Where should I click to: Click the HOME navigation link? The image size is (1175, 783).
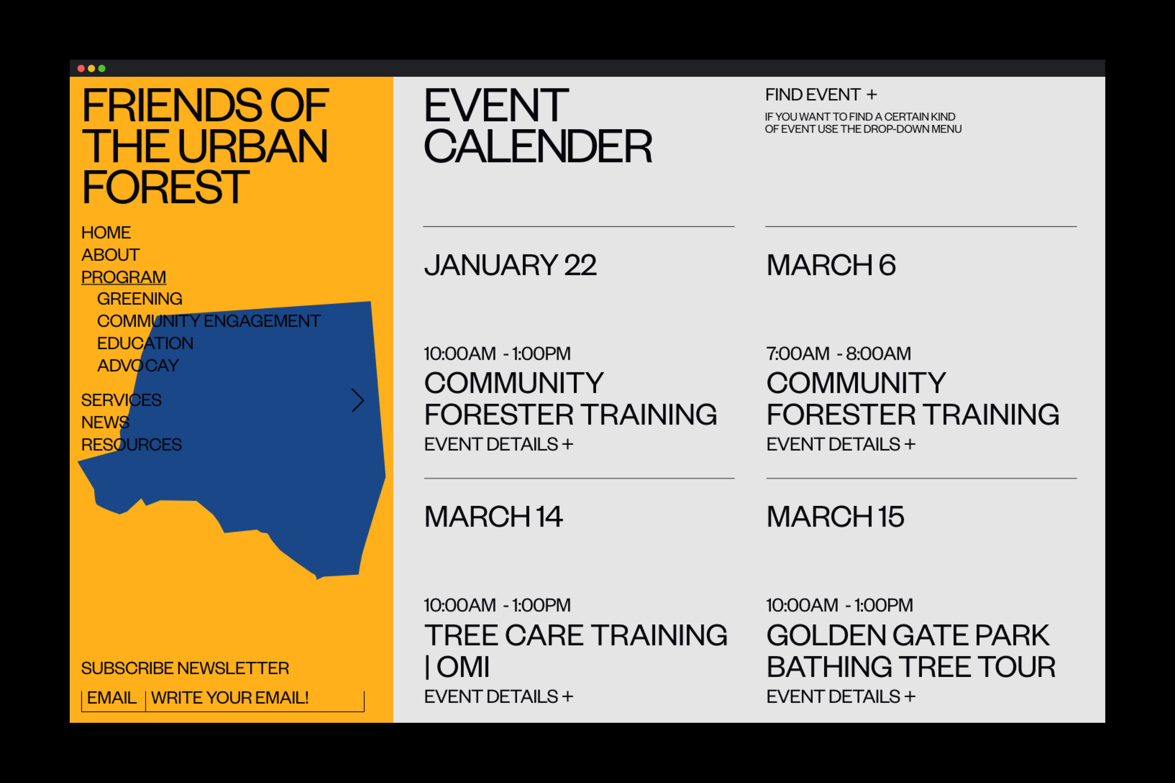[x=106, y=233]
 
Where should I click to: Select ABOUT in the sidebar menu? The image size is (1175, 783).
[x=110, y=255]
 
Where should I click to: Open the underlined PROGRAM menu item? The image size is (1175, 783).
[x=124, y=277]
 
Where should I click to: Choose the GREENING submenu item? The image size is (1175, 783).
[x=139, y=299]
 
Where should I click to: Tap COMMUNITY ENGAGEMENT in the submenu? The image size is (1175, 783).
[x=209, y=321]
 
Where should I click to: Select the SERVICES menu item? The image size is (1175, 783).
[x=121, y=401]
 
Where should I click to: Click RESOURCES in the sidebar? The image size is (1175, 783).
[x=131, y=445]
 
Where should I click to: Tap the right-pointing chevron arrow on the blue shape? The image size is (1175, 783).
[x=358, y=401]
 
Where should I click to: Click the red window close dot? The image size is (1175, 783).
[x=81, y=69]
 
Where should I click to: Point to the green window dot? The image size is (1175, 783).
[x=102, y=69]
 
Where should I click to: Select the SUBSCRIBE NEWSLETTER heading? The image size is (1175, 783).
[x=185, y=669]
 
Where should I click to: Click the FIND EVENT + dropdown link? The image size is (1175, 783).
[x=821, y=95]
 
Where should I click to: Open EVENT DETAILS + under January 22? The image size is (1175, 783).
[x=499, y=444]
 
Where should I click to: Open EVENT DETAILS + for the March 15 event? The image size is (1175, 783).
[x=841, y=696]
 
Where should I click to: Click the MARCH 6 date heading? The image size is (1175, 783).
[x=831, y=265]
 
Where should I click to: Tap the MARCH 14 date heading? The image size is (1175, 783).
[x=493, y=517]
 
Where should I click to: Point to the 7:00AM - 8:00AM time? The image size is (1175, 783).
[x=839, y=354]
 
